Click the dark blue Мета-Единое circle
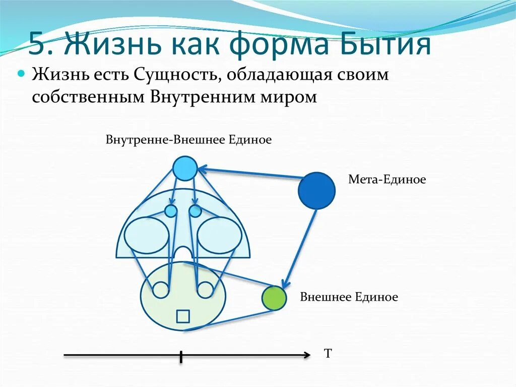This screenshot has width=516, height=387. point(316,191)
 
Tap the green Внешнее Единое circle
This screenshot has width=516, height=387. point(274,298)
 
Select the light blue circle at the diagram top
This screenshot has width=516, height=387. point(184,169)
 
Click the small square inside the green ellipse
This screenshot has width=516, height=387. point(182,316)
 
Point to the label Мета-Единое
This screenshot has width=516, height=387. point(387,179)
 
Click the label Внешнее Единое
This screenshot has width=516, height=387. point(349,297)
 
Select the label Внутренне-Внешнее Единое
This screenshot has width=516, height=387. point(188,139)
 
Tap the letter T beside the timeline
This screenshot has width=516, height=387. point(328,353)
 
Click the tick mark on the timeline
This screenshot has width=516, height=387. point(181,356)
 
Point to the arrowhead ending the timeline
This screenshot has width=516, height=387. point(307,356)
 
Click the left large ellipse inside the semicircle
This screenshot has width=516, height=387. point(147,235)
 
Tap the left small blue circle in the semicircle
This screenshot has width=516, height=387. point(171,210)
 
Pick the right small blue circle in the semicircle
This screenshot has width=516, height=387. point(195,210)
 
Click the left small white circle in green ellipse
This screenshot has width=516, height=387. point(161,290)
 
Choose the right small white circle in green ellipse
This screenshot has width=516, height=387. point(205,290)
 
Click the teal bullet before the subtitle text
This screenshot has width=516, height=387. point(22,74)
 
